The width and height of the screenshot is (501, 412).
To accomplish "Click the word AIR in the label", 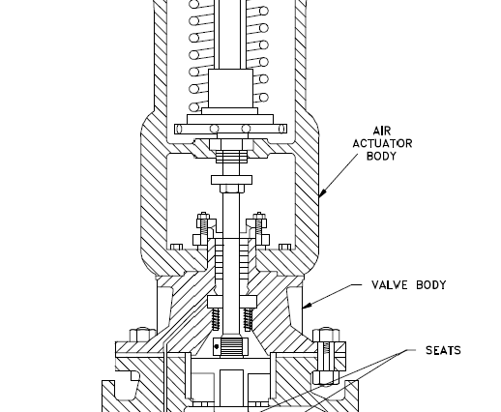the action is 382,131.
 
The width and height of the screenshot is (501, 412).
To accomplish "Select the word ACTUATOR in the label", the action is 382,143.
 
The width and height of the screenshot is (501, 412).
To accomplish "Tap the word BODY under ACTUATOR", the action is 381,156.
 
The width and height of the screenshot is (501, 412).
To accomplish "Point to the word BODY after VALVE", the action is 431,285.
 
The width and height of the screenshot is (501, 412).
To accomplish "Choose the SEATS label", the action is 443,350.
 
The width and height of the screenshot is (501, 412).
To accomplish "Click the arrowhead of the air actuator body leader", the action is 323,192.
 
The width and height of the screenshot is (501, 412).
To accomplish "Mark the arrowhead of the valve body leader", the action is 308,305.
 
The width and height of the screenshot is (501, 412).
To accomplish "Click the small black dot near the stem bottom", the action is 217,347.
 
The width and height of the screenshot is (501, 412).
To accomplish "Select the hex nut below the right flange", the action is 325,377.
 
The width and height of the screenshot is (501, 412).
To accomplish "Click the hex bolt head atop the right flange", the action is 326,336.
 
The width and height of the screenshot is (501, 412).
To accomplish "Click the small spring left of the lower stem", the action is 216,319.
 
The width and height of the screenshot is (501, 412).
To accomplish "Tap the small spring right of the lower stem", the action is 248,319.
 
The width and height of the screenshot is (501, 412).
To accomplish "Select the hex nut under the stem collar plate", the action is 232,189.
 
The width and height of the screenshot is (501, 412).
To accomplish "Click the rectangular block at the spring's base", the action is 230,88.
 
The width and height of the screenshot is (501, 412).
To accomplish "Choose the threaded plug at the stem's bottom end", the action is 230,346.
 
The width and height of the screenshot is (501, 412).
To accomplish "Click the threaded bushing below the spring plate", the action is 231,157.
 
